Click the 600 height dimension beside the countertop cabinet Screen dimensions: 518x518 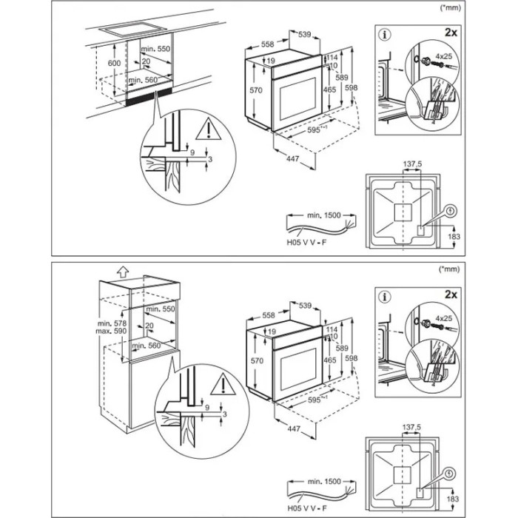pyautogui.click(x=113, y=64)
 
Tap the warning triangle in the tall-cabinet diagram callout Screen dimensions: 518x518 pyautogui.click(x=220, y=386)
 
